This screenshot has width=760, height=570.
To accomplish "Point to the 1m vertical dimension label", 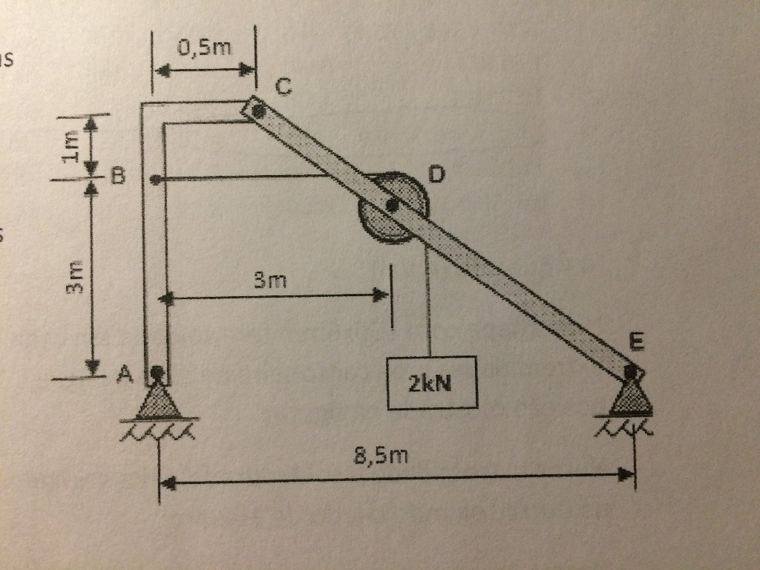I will click(71, 144).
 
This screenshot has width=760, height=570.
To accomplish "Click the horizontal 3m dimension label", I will click(269, 281).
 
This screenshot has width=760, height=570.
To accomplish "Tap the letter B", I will click(119, 177).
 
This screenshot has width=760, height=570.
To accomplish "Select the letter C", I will click(284, 87).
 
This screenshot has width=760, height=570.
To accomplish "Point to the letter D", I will click(437, 175).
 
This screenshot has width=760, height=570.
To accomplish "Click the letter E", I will click(636, 342).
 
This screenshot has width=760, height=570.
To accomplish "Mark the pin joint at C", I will click(257, 111).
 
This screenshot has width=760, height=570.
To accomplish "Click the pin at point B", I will click(154, 179).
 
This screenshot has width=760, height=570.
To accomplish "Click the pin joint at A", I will click(157, 371).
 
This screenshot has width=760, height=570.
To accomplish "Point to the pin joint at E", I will click(630, 370).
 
